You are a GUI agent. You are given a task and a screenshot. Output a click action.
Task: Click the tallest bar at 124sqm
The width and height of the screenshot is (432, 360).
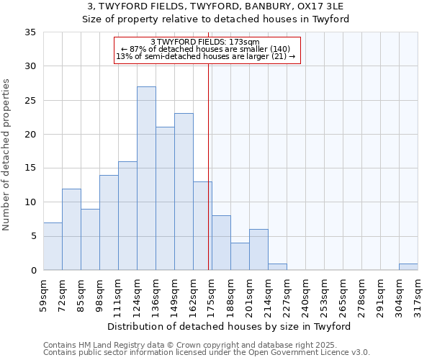click(146, 178)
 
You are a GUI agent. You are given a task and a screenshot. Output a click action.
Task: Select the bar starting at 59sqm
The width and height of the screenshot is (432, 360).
click(53, 246)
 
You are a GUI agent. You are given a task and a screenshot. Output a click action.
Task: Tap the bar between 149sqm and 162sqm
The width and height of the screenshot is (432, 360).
click(184, 192)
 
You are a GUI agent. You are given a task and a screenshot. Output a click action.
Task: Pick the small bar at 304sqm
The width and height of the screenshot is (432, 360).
click(408, 266)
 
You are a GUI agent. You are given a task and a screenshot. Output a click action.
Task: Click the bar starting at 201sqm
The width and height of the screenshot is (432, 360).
click(258, 250)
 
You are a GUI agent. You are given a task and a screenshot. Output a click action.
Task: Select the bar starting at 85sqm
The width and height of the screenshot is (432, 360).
click(90, 239)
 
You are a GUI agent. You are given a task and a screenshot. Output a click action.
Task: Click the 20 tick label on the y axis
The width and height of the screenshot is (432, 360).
click(30, 135)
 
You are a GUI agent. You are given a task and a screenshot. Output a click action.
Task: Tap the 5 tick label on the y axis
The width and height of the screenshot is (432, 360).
click(32, 236)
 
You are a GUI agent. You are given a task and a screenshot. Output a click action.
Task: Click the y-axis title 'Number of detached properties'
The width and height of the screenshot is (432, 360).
click(6, 156)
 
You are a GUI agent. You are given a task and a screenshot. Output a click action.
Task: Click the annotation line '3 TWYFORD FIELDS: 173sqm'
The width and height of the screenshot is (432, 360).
click(205, 42)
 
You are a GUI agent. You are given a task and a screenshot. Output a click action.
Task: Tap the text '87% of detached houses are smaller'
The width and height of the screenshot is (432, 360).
click(205, 49)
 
